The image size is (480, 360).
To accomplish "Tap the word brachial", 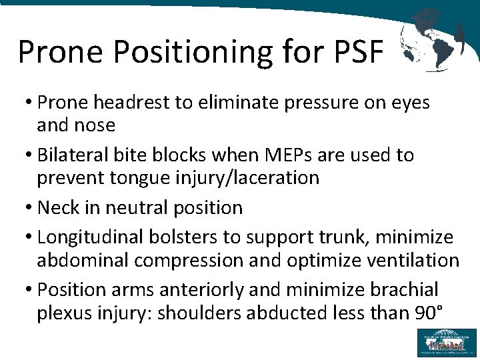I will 405,289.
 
